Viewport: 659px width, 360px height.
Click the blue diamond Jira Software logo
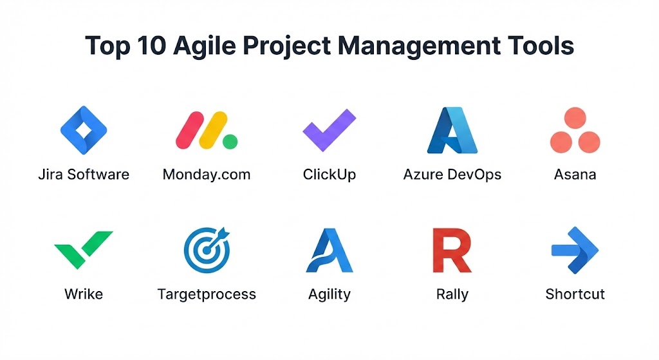(84, 130)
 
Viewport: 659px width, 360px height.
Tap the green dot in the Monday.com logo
(230, 142)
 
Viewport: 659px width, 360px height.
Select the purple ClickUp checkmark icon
(329, 130)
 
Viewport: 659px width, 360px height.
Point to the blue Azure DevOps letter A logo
(452, 130)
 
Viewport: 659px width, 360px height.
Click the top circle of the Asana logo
(575, 117)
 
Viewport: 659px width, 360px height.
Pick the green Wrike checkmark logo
(84, 249)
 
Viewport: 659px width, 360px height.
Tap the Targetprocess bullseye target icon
(207, 250)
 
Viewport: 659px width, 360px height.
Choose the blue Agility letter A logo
(329, 251)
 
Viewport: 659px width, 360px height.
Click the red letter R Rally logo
(452, 251)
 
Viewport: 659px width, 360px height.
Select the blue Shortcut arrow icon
(575, 251)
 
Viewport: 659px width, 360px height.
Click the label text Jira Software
(84, 174)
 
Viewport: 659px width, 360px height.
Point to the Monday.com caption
(207, 174)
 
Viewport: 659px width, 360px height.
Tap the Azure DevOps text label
(452, 175)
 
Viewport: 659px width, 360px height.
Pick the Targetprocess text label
(207, 294)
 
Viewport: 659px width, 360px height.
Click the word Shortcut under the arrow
(575, 294)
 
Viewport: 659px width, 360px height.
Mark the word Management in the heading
(419, 46)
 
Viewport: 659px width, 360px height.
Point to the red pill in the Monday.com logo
(190, 130)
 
